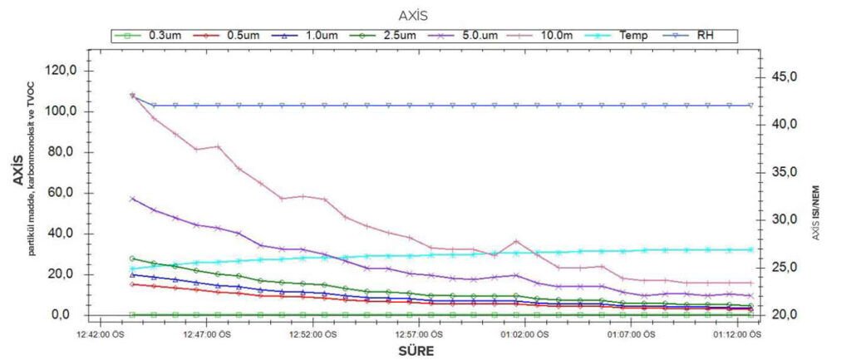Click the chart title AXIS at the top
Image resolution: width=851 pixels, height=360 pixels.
(425, 14)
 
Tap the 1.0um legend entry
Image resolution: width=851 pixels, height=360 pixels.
(317, 36)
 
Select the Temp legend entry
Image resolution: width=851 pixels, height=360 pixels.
(634, 36)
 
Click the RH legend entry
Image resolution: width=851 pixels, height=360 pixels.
(706, 36)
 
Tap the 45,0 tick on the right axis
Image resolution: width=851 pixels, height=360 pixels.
(785, 76)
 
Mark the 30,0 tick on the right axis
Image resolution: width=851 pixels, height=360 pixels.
(785, 219)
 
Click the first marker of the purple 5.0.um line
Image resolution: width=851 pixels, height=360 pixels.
(133, 199)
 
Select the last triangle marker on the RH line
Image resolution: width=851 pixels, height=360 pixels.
(750, 106)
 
